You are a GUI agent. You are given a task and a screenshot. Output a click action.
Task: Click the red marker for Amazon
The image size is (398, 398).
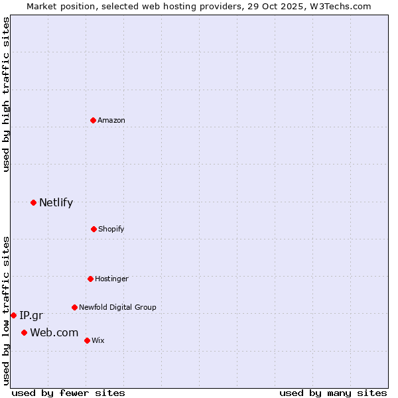94,120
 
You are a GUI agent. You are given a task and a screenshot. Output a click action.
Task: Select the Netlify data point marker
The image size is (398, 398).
33,202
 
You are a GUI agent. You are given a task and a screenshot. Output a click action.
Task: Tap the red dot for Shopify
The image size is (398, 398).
94,229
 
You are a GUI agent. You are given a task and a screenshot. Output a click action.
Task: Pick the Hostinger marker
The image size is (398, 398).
90,279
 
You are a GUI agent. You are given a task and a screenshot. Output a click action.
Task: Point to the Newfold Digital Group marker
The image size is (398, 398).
74,307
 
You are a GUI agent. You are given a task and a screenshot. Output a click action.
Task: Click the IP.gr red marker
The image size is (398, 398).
13,315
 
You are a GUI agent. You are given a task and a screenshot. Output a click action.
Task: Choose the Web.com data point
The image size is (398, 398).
24,332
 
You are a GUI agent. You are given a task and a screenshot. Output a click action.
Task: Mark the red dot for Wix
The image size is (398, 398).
87,340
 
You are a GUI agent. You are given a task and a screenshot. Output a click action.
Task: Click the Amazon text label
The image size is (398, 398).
111,120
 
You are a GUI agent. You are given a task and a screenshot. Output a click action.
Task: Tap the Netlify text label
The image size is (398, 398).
56,203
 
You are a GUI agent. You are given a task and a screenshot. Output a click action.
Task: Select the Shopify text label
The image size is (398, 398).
111,229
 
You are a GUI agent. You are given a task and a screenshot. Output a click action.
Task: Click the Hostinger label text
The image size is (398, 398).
111,279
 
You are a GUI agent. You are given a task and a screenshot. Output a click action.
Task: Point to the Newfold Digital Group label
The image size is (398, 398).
117,307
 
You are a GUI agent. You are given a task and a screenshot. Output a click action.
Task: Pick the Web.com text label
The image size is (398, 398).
54,332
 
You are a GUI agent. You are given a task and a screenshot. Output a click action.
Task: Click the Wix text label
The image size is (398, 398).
98,340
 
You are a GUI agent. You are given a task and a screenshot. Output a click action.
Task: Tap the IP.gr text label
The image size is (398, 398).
31,316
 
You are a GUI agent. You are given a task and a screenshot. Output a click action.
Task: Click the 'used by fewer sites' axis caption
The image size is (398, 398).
68,393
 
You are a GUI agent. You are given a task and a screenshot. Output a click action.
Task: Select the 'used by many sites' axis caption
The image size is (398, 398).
333,393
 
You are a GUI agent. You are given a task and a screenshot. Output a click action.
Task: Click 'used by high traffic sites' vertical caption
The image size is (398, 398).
6,94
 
